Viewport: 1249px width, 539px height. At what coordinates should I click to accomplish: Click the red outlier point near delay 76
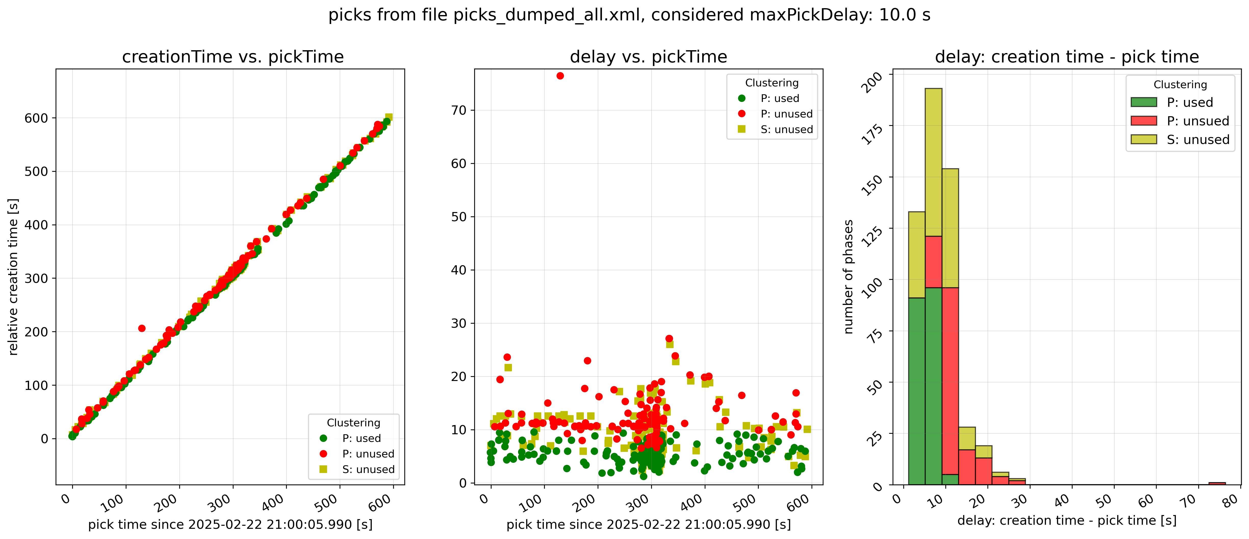tap(560, 76)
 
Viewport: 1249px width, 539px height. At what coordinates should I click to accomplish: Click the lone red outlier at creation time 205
tap(141, 328)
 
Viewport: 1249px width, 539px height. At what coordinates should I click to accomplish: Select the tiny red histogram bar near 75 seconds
tap(1217, 483)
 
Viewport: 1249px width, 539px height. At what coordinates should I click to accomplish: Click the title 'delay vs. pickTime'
tap(648, 57)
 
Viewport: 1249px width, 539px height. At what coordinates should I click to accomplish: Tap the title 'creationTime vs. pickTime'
tap(233, 57)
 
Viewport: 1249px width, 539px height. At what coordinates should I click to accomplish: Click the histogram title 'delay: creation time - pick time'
tap(1067, 57)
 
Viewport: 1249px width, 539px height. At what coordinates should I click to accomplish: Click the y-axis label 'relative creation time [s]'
tap(13, 276)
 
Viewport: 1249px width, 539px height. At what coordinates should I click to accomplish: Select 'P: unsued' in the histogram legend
tap(1198, 121)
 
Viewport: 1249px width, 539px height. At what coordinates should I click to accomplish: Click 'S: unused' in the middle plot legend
tap(787, 129)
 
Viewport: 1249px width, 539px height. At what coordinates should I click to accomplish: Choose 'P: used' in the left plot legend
tap(361, 438)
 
